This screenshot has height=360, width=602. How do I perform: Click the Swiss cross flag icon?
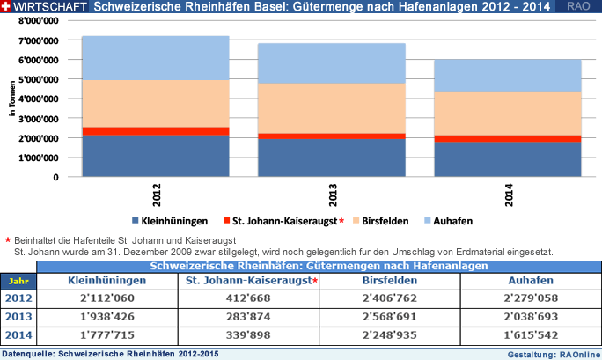[x=6, y=6]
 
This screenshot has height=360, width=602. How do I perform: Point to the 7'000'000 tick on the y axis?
[x=36, y=40]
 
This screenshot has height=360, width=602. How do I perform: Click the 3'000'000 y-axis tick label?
[x=36, y=118]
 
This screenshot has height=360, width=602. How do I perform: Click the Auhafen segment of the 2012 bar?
[x=155, y=58]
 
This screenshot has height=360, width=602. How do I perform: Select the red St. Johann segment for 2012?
[x=155, y=131]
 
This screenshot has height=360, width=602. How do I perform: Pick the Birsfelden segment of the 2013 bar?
[x=331, y=108]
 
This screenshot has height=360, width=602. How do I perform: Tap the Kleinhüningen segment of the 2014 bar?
[x=507, y=159]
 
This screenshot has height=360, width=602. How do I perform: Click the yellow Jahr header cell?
[x=18, y=281]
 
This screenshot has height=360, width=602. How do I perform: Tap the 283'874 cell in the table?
[x=251, y=317]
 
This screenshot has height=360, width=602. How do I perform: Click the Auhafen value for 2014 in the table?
[x=531, y=335]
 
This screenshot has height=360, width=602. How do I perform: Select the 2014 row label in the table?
[x=18, y=335]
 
